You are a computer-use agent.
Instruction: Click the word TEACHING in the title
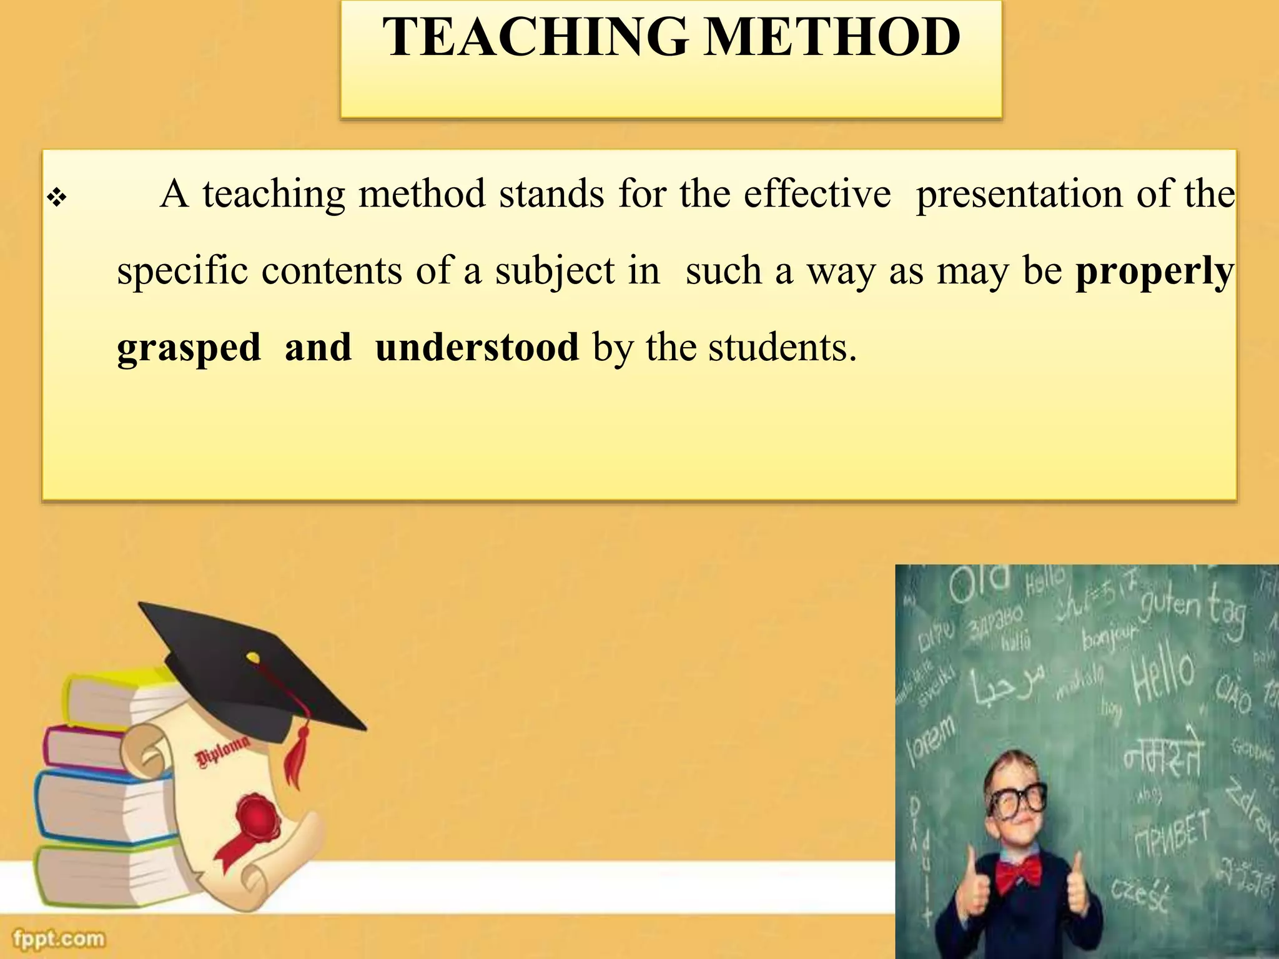535,37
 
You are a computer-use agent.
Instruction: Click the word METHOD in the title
833,37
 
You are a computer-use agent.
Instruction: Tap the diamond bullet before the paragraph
57,199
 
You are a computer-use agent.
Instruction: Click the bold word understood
477,347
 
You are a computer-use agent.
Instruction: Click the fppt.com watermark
59,938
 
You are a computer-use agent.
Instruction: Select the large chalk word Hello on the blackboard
1163,676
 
